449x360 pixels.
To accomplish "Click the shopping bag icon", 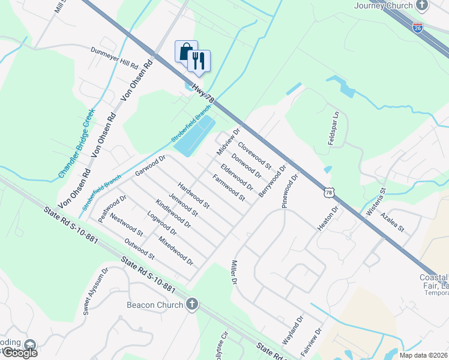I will (x=186, y=52).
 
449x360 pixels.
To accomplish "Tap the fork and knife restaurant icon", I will (x=199, y=60).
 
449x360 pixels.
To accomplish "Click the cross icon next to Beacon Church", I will (x=192, y=304).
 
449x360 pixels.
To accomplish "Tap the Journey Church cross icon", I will (x=423, y=5).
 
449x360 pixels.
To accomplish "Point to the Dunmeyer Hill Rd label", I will (x=115, y=58).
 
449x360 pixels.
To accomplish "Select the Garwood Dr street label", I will (x=150, y=166).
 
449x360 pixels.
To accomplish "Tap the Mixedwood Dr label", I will (x=176, y=251).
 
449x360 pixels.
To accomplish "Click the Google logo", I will (x=19, y=353).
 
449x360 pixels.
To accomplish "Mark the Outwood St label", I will (x=140, y=250).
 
